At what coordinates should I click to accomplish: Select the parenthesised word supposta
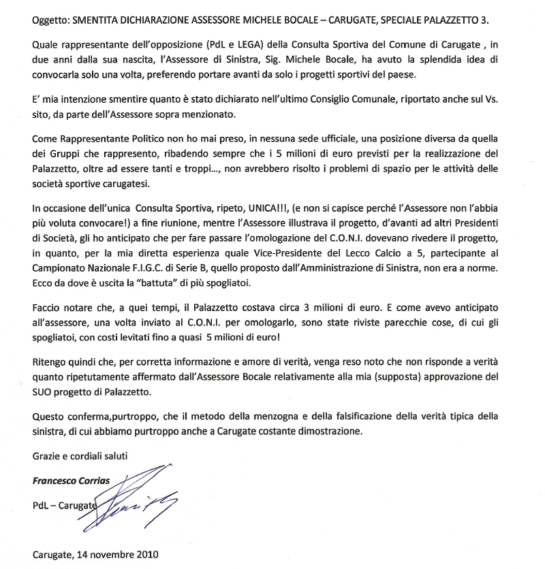click(x=425, y=376)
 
